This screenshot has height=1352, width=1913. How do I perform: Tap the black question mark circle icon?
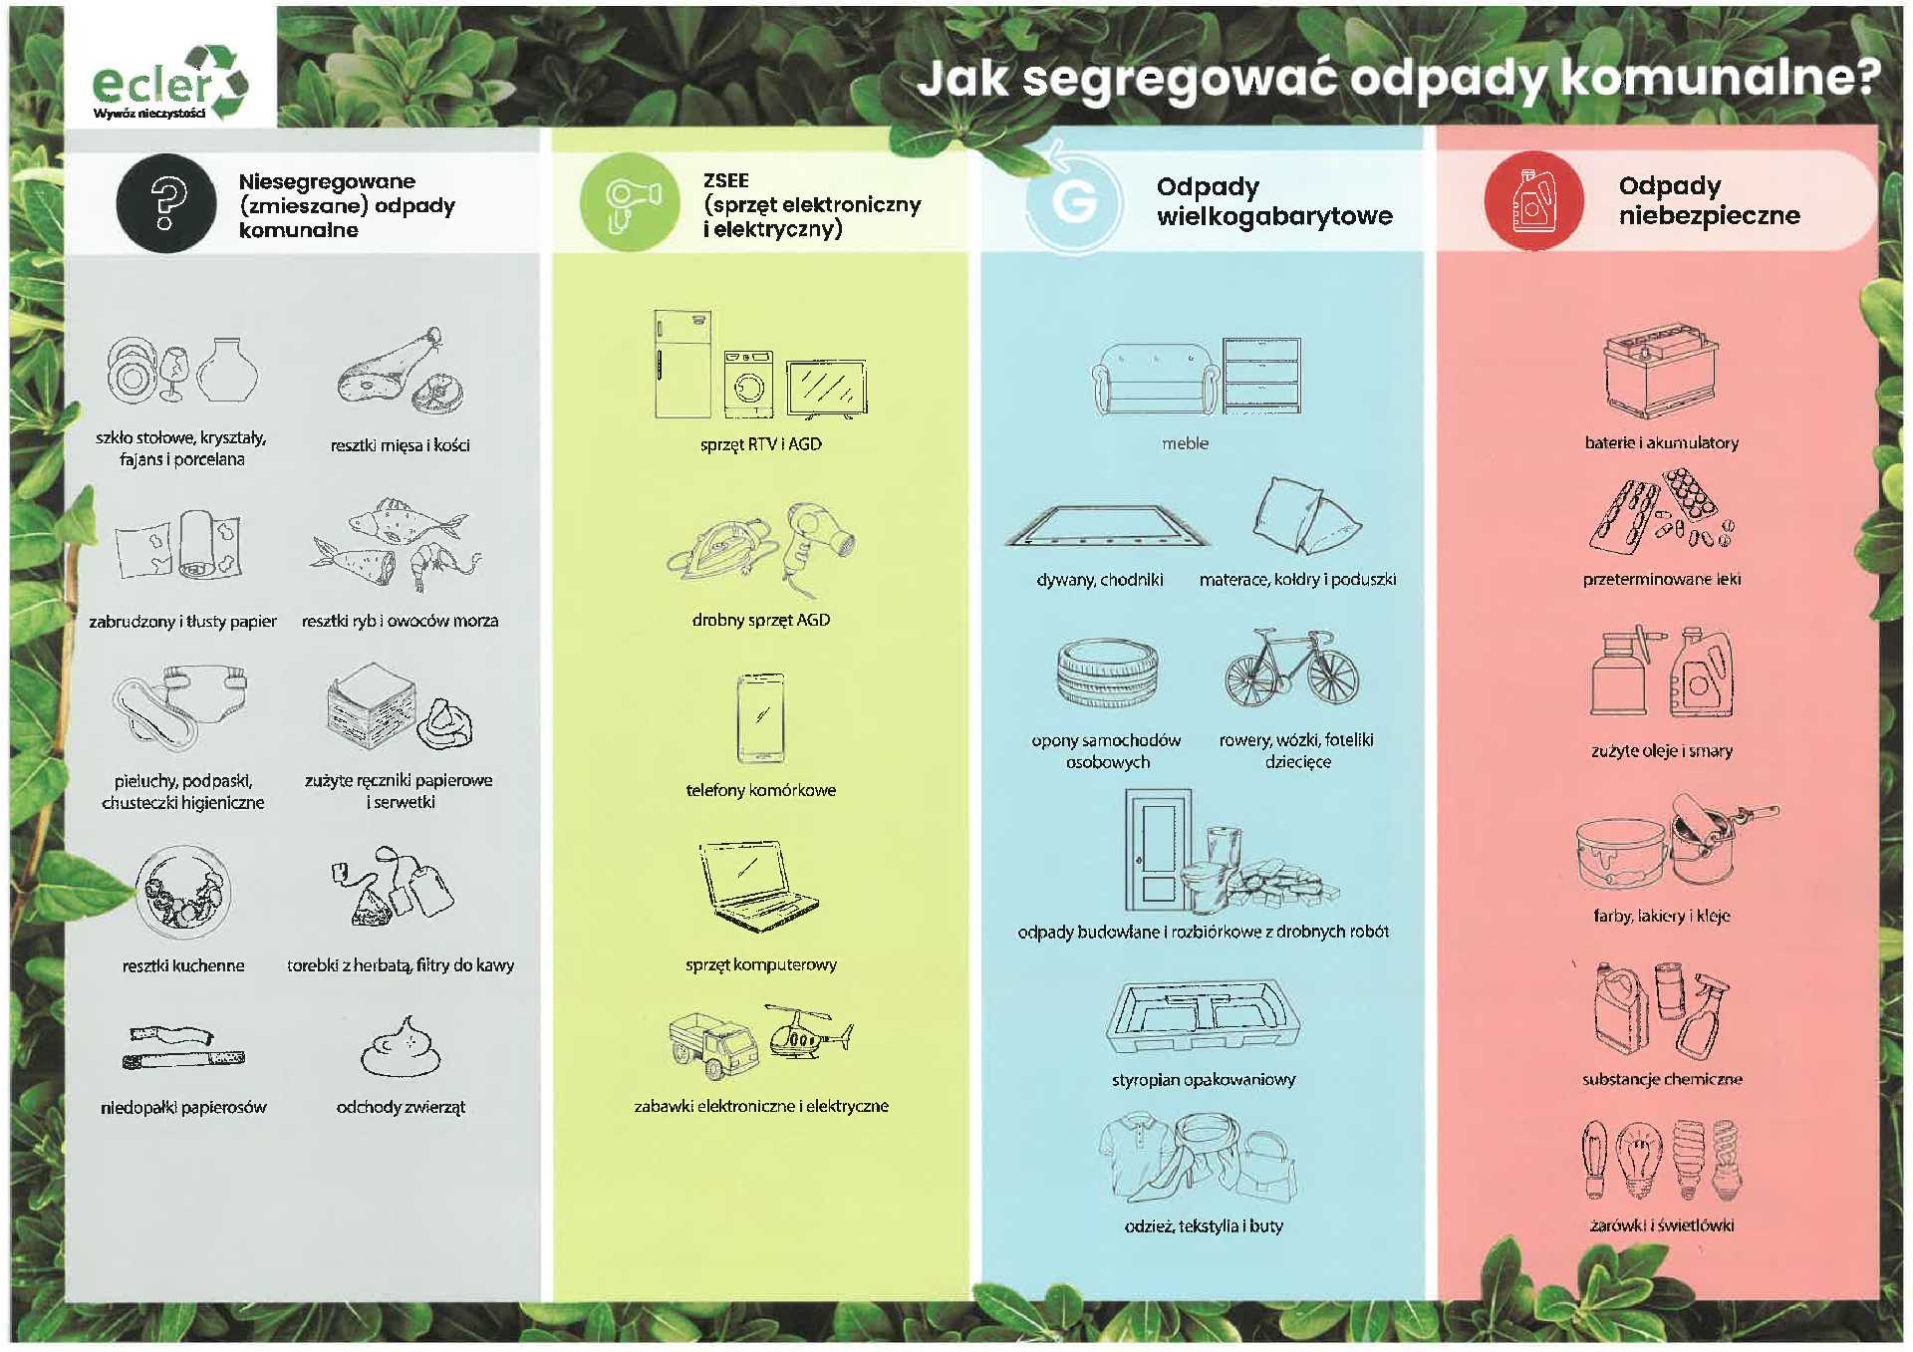[x=166, y=203]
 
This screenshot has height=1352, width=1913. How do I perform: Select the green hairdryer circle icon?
[x=630, y=202]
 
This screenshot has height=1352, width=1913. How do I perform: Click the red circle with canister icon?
[x=1533, y=200]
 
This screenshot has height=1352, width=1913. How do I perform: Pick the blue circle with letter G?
[x=1075, y=201]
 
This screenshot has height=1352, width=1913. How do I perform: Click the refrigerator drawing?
[x=683, y=364]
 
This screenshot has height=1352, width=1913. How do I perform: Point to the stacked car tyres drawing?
[x=1108, y=673]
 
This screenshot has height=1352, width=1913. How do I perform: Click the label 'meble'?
[x=1185, y=443]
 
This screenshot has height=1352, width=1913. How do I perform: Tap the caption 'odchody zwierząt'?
[x=401, y=1107]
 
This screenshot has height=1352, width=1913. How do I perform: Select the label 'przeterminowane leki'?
[x=1662, y=579]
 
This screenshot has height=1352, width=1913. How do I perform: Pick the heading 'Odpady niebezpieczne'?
[x=1709, y=200]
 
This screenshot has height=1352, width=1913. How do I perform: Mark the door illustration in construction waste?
[x=1159, y=850]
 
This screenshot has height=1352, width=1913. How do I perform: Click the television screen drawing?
[x=827, y=388]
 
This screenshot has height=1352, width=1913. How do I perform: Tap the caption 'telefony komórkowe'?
[x=761, y=790]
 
